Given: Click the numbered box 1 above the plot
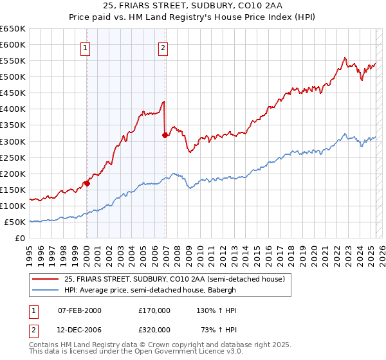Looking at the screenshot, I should (x=86, y=47).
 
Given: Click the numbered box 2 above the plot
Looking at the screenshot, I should (x=163, y=47).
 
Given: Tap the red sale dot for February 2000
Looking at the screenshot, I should (x=87, y=183).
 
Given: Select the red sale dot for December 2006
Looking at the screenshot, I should (x=165, y=135).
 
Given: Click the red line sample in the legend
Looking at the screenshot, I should (x=46, y=279).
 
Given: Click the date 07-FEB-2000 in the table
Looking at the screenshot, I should (x=79, y=310).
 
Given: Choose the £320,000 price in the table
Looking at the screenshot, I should (x=154, y=329).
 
